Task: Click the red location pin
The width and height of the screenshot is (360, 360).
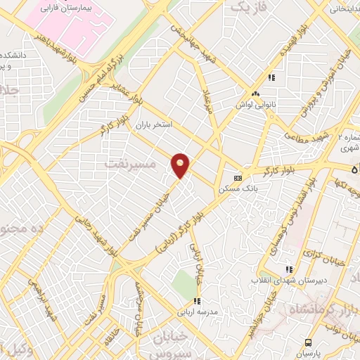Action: [181, 165]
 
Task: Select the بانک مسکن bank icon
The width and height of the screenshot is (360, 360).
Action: [238, 178]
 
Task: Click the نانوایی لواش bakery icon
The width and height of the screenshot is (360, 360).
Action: [256, 94]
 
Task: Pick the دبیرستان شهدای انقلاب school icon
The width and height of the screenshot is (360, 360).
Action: [288, 269]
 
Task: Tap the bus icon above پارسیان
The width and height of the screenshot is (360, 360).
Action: [308, 342]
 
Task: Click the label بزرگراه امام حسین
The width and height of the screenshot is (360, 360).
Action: [101, 77]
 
